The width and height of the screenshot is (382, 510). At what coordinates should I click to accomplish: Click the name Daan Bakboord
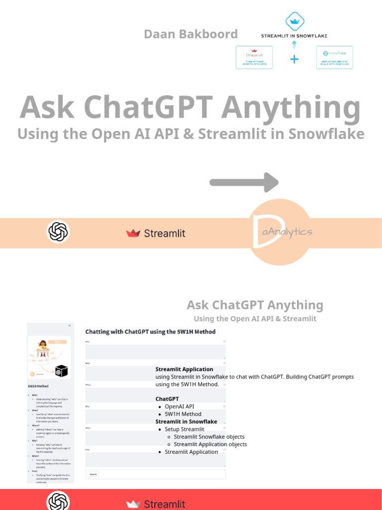191,34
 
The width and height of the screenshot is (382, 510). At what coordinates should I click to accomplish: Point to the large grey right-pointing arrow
244,182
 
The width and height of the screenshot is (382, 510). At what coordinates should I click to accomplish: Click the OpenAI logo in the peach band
58,232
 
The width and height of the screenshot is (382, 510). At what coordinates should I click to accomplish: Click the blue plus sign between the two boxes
294,59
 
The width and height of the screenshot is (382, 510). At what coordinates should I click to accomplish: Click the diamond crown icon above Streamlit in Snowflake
294,21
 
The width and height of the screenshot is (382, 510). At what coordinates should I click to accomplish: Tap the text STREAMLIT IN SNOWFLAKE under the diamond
294,36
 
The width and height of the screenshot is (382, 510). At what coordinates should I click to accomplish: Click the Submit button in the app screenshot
93,474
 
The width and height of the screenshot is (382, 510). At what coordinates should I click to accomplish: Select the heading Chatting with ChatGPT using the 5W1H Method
150,331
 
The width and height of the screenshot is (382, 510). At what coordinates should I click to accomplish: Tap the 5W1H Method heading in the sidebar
38,385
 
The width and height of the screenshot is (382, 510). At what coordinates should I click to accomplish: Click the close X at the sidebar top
70,326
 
